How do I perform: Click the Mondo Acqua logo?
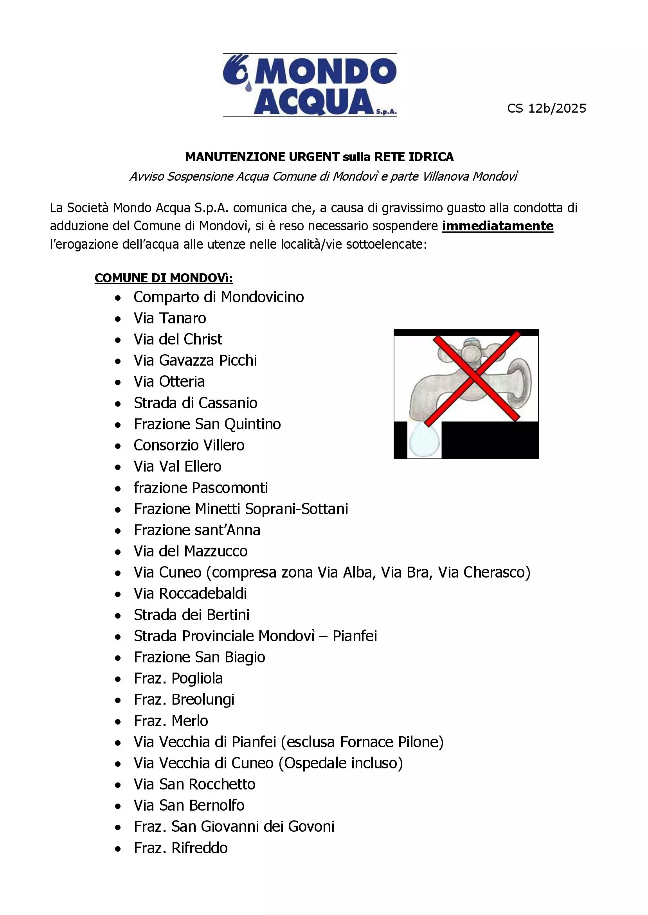coord(310,85)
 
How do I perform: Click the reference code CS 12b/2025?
coord(546,108)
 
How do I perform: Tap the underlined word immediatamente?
coord(497,226)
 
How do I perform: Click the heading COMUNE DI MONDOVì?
coord(164,278)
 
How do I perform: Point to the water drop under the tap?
coord(424,441)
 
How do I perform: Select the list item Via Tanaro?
coord(169,318)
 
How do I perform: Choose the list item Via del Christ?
coord(178,339)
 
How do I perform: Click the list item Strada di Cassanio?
coord(195,403)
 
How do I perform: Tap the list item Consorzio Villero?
coord(189,445)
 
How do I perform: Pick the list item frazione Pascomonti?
coord(201,488)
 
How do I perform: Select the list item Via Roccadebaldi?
coord(190,594)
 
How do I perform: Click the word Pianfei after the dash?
coord(355,636)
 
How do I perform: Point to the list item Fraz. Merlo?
coord(171,721)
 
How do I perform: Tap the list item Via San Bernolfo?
coord(189,806)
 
